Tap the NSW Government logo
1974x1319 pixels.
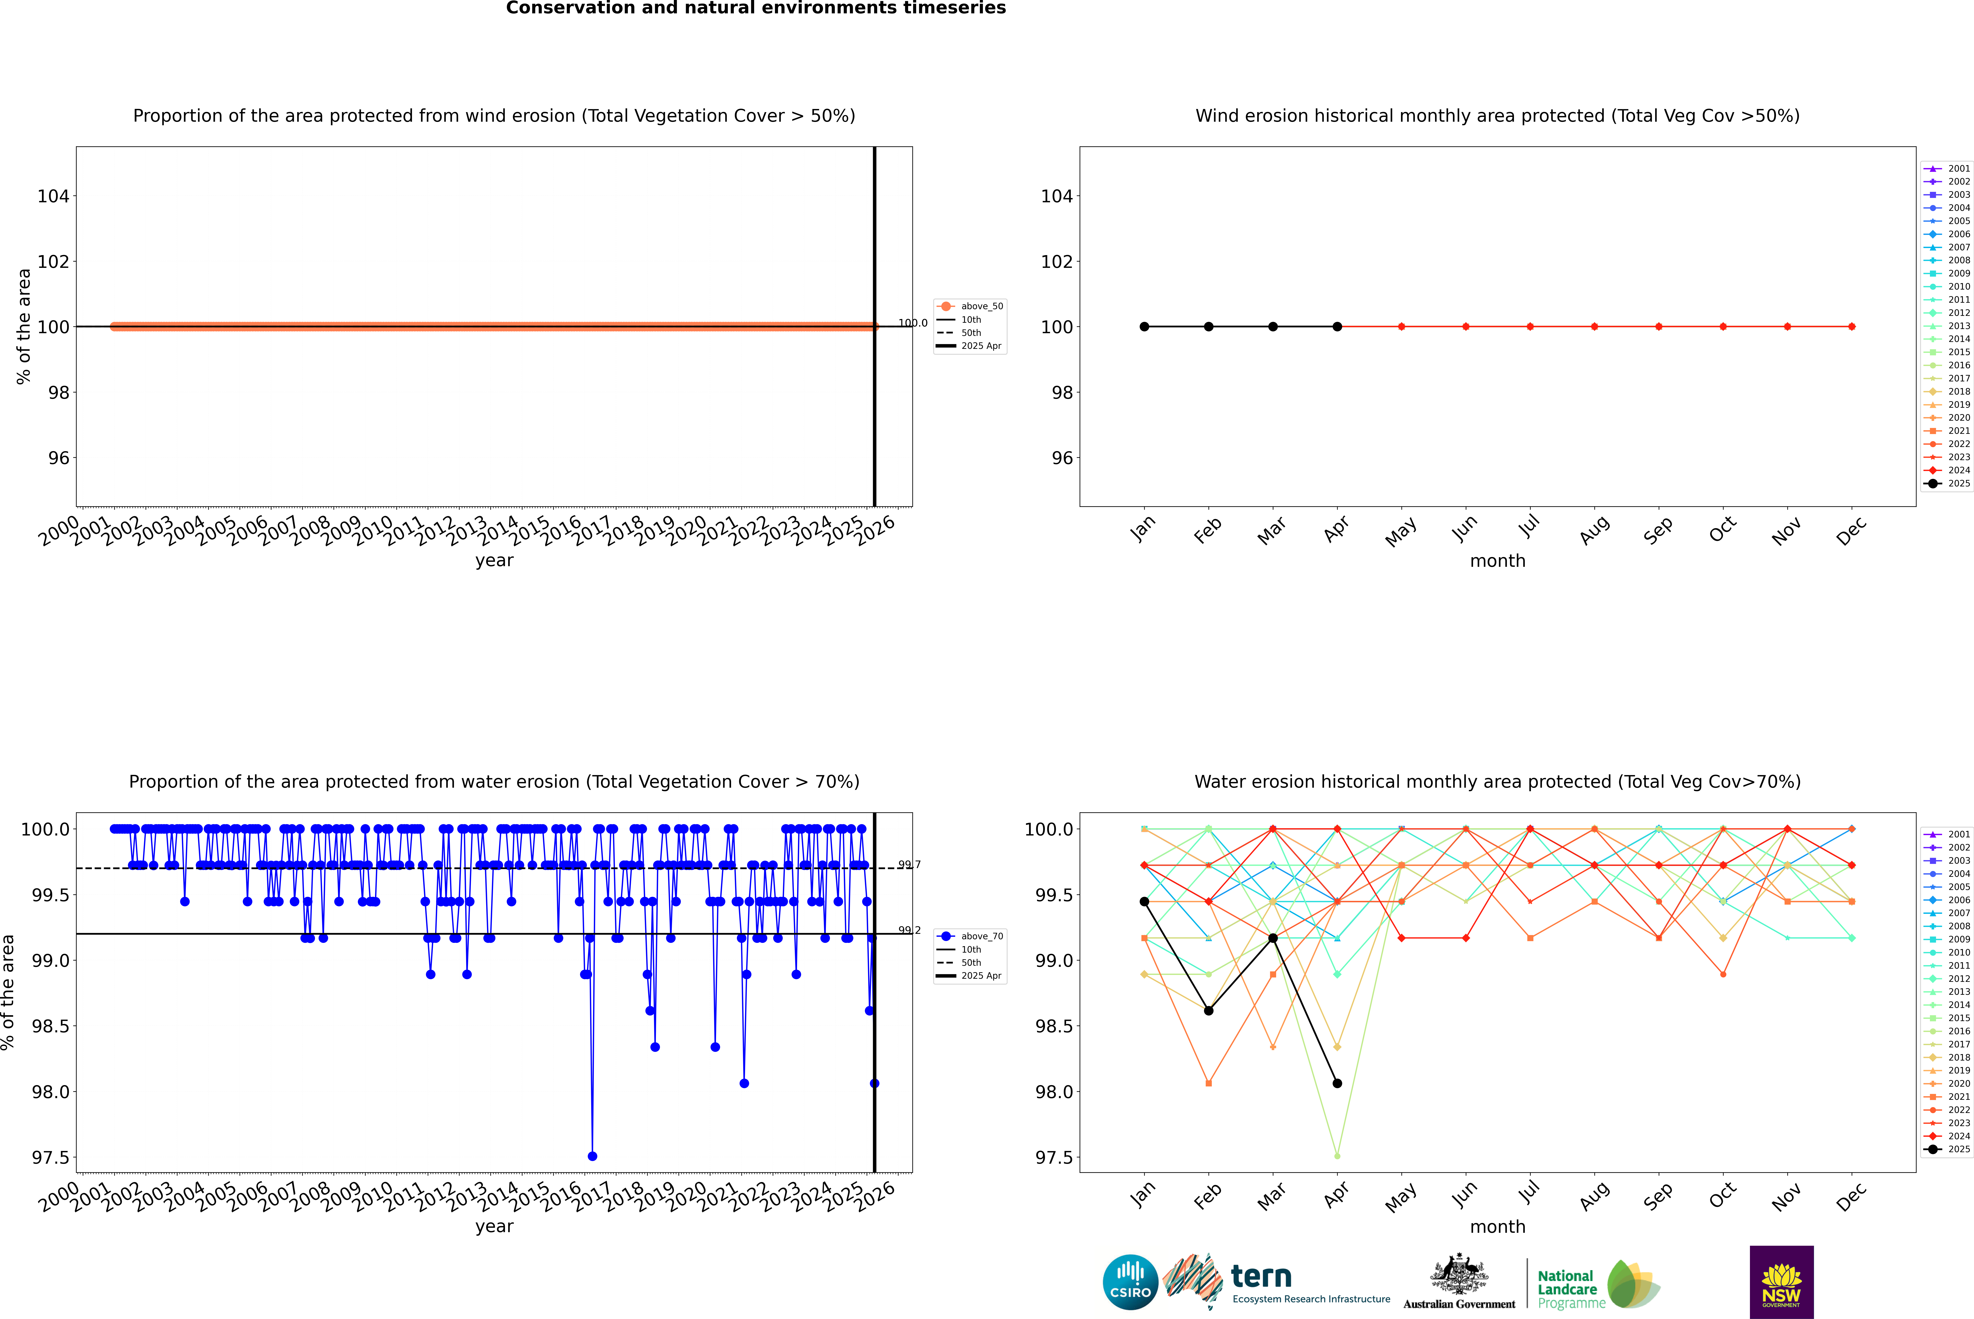1781,1282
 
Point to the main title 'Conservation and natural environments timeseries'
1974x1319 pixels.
756,8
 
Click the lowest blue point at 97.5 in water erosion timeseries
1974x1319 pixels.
592,1156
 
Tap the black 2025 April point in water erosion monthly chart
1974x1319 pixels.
1337,1084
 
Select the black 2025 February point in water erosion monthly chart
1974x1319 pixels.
1208,1010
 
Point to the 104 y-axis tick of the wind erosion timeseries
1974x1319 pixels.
53,196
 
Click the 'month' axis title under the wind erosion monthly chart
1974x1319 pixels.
1497,561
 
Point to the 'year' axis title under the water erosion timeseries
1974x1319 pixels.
494,1227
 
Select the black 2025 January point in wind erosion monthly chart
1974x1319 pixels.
1144,326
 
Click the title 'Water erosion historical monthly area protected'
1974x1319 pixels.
1497,781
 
